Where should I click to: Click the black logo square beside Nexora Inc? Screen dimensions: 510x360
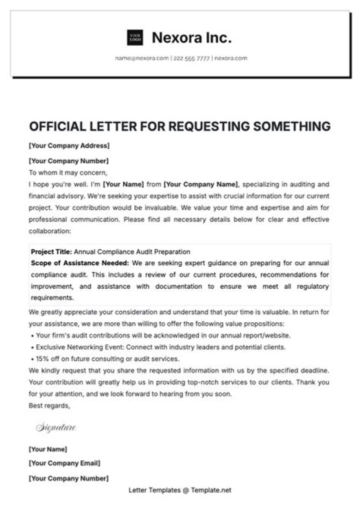coord(134,38)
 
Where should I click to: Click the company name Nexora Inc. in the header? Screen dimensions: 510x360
coord(191,38)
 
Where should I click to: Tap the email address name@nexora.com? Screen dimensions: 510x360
coord(141,58)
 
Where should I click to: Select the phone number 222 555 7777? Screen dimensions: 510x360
coord(191,58)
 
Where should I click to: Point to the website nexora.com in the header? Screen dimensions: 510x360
coord(230,58)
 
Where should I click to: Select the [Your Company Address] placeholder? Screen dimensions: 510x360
coord(69,146)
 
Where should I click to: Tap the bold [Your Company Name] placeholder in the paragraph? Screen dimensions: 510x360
coord(201,184)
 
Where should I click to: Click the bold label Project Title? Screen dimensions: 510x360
coord(51,252)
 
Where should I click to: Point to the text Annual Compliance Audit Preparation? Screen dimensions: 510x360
coord(132,252)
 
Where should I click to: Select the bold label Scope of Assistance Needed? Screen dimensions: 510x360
coord(80,263)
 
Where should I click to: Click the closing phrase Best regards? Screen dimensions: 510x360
coord(49,405)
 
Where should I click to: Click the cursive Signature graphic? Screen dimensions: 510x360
coord(55,427)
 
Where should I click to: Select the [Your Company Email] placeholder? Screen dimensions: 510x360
coord(64,463)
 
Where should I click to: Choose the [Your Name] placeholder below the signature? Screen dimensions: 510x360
coord(48,449)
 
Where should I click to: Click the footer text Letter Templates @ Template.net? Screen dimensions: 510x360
coord(180,490)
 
